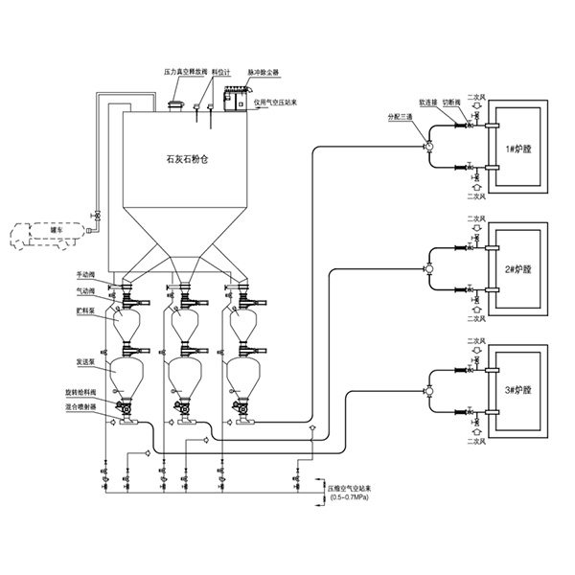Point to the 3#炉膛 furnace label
517,391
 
